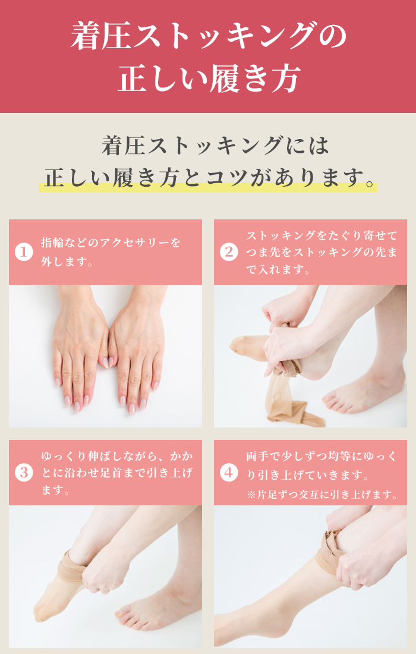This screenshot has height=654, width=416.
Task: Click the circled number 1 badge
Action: [24, 252]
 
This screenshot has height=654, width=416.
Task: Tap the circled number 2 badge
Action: [229, 252]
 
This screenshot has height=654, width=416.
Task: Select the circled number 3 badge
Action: [24, 473]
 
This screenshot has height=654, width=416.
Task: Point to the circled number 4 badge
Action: [229, 473]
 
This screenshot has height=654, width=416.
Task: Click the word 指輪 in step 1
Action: [52, 243]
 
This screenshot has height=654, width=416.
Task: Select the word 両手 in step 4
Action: [257, 456]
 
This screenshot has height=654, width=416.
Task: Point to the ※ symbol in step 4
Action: [251, 495]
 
